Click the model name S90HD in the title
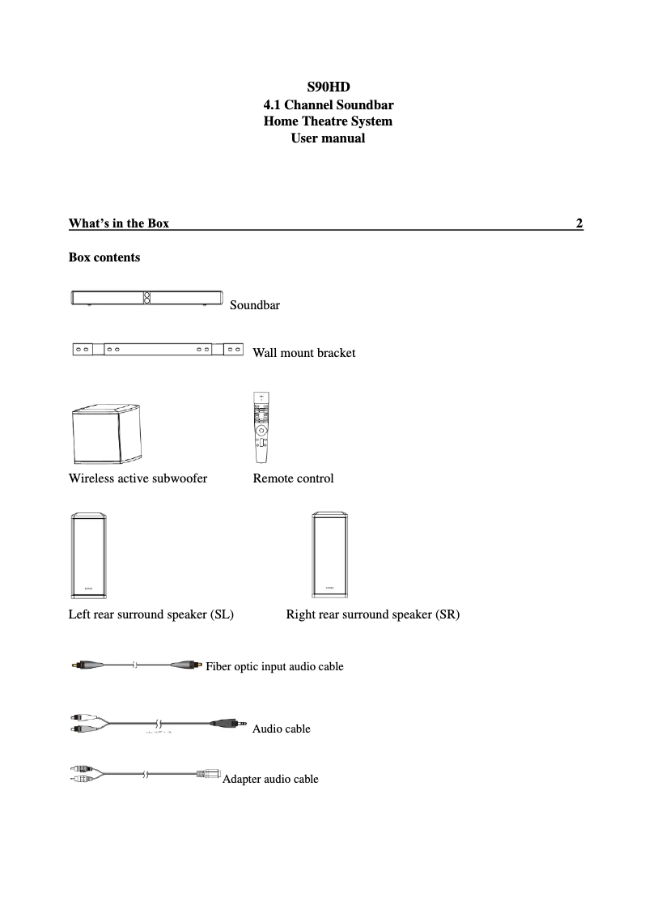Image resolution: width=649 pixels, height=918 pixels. tap(328, 87)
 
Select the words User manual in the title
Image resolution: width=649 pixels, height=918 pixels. tap(328, 138)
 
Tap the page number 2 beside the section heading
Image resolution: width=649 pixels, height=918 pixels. tap(579, 223)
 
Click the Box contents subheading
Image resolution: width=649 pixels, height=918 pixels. tap(104, 257)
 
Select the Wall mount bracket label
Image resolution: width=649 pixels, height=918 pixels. tap(303, 353)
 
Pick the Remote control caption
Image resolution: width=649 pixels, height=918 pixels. tap(293, 478)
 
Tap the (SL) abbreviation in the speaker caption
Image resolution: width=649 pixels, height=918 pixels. tap(222, 614)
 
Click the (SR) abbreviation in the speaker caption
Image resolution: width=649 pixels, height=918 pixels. tap(447, 614)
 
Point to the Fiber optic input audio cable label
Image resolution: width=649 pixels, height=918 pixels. tap(274, 666)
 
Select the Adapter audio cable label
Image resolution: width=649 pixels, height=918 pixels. tap(270, 779)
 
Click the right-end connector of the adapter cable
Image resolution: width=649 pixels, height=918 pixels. tap(209, 774)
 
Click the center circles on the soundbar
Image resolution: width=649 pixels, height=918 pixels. tap(146, 298)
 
